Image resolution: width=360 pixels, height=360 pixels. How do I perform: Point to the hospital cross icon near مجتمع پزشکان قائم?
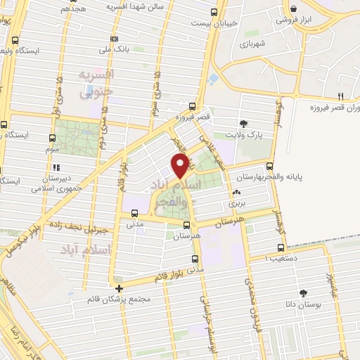(x=119, y=288)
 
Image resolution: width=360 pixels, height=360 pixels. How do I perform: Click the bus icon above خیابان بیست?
(x=214, y=12)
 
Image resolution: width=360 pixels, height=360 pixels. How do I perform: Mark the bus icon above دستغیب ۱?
(x=281, y=247)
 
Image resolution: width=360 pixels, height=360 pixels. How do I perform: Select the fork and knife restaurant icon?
(x=341, y=96)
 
